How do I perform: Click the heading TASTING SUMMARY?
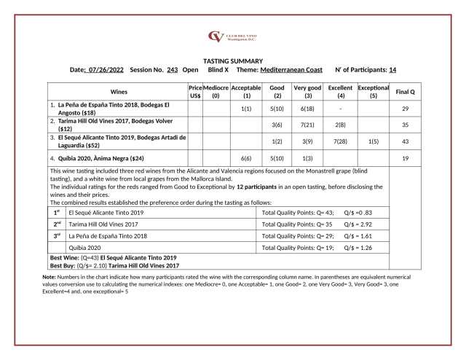(232, 60)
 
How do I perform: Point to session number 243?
(172, 70)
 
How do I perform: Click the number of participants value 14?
(392, 70)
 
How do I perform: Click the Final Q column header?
(405, 92)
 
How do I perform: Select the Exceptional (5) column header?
(374, 92)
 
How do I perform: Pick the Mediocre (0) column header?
(216, 92)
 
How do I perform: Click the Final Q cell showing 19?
(405, 157)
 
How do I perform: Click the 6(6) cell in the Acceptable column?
(246, 157)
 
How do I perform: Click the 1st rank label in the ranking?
(57, 212)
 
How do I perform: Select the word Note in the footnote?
(50, 278)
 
